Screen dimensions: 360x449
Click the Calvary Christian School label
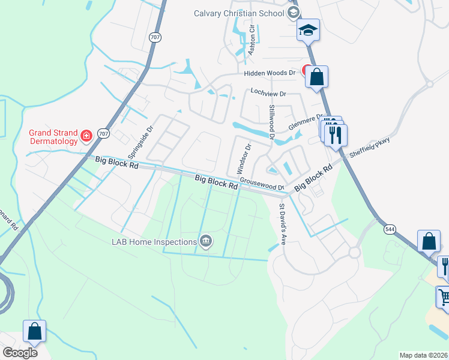click(x=239, y=13)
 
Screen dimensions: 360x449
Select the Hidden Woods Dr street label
click(x=270, y=73)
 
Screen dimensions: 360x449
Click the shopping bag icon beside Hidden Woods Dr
click(x=316, y=77)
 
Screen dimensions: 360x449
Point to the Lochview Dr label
click(x=268, y=94)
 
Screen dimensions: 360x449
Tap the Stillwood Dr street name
click(x=272, y=122)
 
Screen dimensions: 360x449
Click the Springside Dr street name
click(x=141, y=137)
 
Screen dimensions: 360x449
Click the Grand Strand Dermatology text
click(x=54, y=137)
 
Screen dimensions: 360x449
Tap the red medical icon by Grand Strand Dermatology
click(x=86, y=137)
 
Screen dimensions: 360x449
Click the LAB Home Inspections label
click(x=154, y=242)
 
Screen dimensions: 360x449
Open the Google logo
click(x=20, y=353)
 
